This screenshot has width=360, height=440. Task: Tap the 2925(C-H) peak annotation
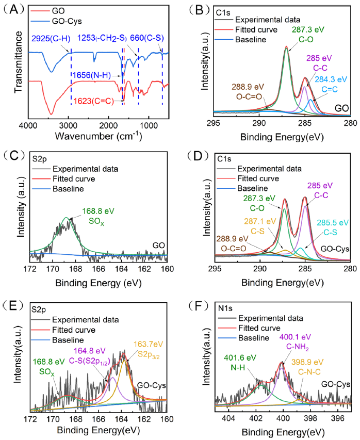click(49, 38)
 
